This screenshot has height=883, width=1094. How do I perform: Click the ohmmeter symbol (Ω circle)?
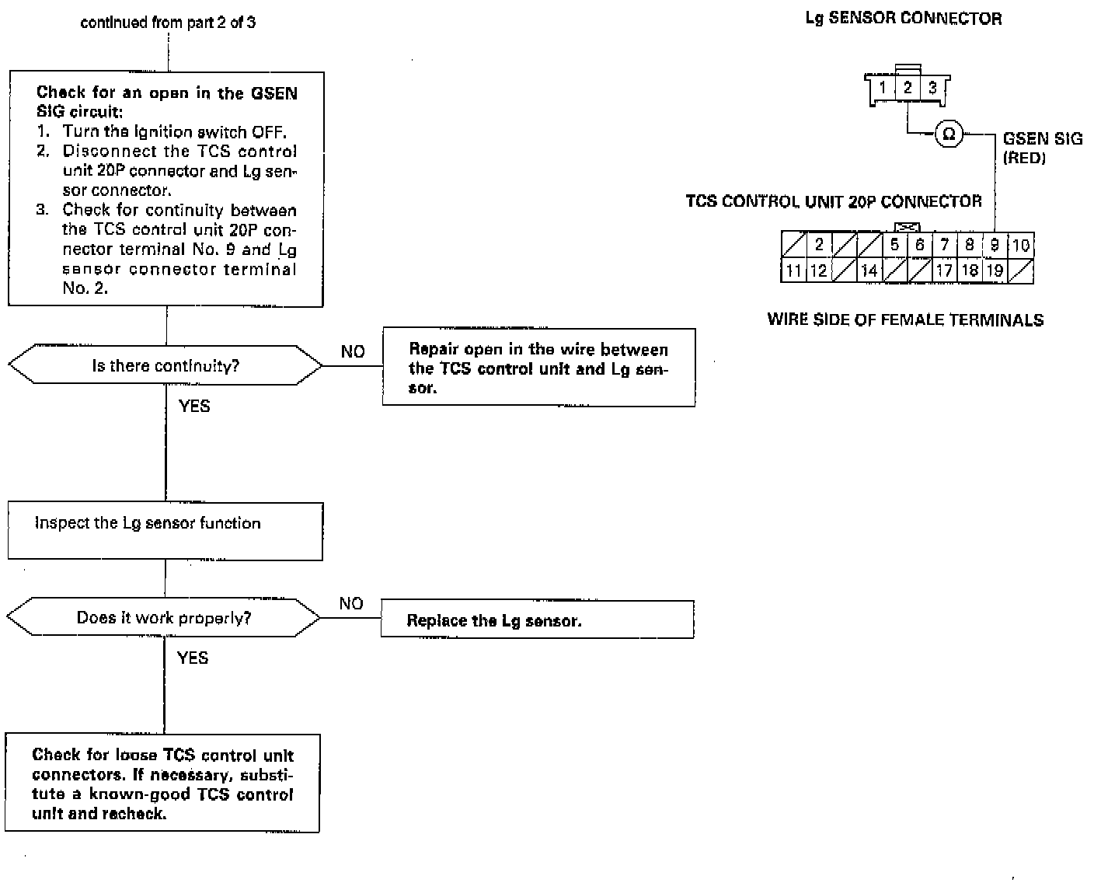pyautogui.click(x=948, y=134)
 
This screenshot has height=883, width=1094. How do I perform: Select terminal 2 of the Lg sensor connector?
pyautogui.click(x=907, y=87)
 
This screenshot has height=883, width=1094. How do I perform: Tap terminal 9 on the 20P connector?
pyautogui.click(x=995, y=245)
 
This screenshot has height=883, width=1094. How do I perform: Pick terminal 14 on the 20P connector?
pyautogui.click(x=869, y=270)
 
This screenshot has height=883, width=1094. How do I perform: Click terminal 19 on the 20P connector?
pyautogui.click(x=995, y=270)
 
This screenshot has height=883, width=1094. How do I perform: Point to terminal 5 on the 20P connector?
pyautogui.click(x=894, y=245)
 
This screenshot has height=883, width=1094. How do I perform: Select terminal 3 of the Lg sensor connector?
pyautogui.click(x=932, y=87)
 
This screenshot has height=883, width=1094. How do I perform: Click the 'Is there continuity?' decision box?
pyautogui.click(x=165, y=365)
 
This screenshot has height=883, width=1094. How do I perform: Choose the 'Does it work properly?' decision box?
pyautogui.click(x=164, y=618)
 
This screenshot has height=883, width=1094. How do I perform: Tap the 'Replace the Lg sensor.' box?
pyautogui.click(x=537, y=619)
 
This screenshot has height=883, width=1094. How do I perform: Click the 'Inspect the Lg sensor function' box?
pyautogui.click(x=165, y=531)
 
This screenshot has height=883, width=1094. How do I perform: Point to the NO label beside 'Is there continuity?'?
pyautogui.click(x=353, y=352)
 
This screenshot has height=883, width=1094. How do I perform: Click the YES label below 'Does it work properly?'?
pyautogui.click(x=193, y=658)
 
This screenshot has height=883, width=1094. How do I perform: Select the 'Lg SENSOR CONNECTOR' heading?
pyautogui.click(x=904, y=19)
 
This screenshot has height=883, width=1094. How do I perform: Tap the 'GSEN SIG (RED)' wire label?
pyautogui.click(x=1042, y=148)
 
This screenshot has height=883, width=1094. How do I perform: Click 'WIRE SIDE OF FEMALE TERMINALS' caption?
pyautogui.click(x=905, y=319)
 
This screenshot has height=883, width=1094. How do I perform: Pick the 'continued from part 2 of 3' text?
pyautogui.click(x=168, y=23)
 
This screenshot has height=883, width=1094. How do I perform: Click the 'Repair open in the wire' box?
pyautogui.click(x=538, y=368)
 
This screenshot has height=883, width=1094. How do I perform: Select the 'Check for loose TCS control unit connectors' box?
pyautogui.click(x=163, y=784)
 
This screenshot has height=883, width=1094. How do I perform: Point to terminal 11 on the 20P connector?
pyautogui.click(x=793, y=270)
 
